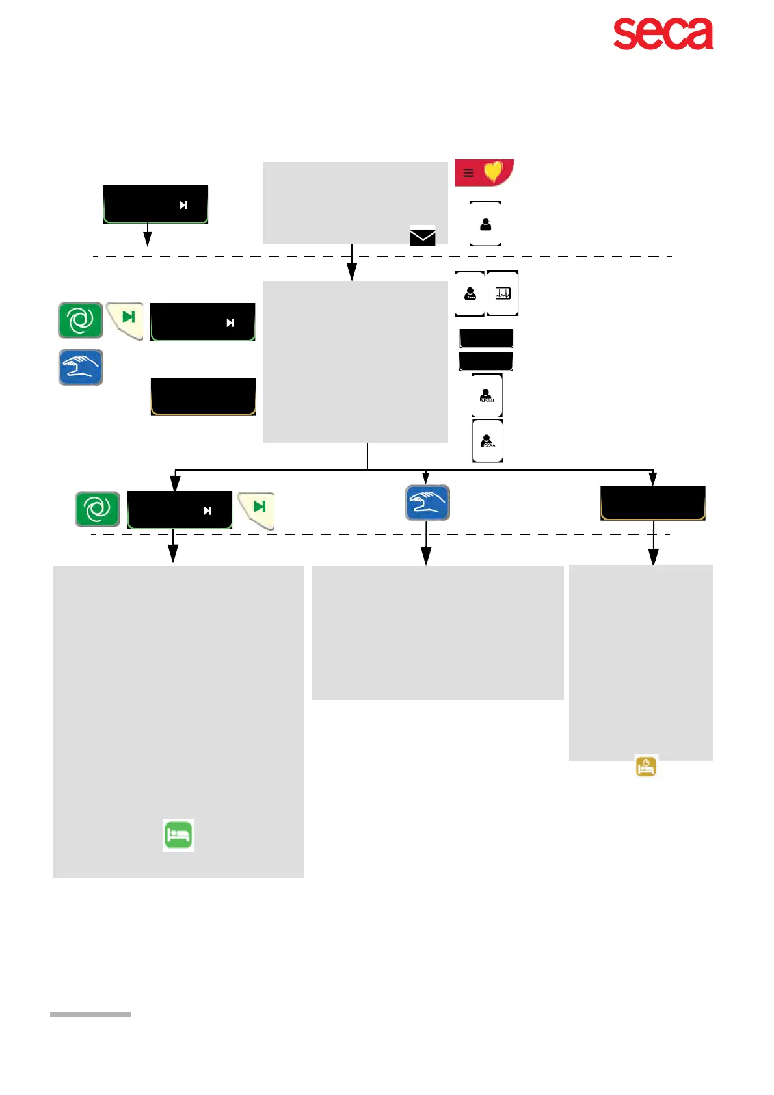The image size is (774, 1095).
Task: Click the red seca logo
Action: coord(663,34)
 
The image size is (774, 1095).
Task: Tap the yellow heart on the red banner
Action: coord(494,172)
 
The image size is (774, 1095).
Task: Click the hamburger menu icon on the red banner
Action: coord(468,173)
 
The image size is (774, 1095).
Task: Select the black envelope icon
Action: coord(423,236)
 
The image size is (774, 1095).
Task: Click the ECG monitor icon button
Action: coord(503,294)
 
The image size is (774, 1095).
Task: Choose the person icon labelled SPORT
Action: coord(487,395)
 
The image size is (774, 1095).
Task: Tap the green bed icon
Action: coord(178,836)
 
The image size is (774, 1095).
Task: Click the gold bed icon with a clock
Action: coord(646,767)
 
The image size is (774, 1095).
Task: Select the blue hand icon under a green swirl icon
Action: coord(81,367)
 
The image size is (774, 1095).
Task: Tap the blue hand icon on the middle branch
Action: coord(427,503)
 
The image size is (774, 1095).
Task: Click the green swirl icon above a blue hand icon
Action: coord(81,320)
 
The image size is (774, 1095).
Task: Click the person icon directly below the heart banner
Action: coord(485,224)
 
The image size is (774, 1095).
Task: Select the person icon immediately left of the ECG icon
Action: coord(470,294)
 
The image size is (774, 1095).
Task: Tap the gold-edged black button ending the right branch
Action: coord(652,503)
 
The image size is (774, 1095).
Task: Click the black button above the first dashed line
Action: coord(155,204)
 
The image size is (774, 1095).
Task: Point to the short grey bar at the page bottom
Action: coord(90,1014)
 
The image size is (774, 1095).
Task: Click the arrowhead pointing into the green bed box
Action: coord(173,554)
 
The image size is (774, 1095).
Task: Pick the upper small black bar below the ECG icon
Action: coord(486,338)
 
